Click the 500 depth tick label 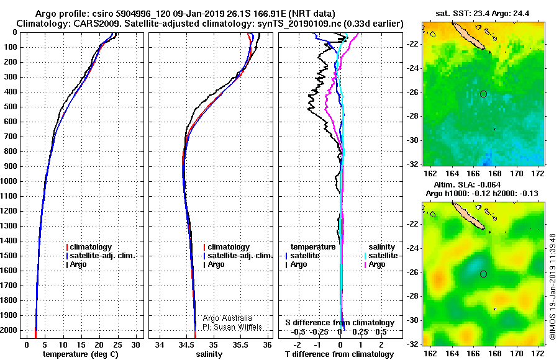point(10,107)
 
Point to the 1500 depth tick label point(9,256)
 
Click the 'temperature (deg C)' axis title point(81,354)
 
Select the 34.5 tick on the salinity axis point(186,345)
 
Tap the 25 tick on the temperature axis point(117,345)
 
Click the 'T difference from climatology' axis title point(339,354)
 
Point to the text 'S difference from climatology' point(340,323)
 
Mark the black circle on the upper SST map point(483,94)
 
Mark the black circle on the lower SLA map point(483,274)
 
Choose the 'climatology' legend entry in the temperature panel point(89,247)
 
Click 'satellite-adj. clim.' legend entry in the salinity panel point(238,256)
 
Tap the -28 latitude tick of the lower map point(413,296)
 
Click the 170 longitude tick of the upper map point(516,174)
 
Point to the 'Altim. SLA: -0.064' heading point(467,185)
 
